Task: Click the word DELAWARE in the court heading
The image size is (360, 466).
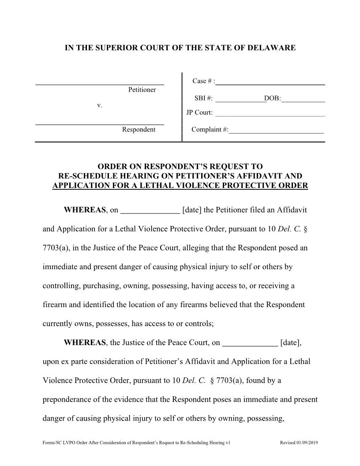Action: coord(273,48)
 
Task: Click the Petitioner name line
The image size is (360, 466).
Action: coord(100,83)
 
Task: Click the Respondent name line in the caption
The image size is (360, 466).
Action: coord(100,124)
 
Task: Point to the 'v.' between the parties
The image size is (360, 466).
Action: coord(99,105)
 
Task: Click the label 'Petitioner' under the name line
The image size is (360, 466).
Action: coord(142,90)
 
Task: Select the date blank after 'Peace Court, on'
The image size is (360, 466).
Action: coord(250,343)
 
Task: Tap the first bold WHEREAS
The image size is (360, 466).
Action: coord(85,210)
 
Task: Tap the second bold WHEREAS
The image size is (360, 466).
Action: coord(85,342)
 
